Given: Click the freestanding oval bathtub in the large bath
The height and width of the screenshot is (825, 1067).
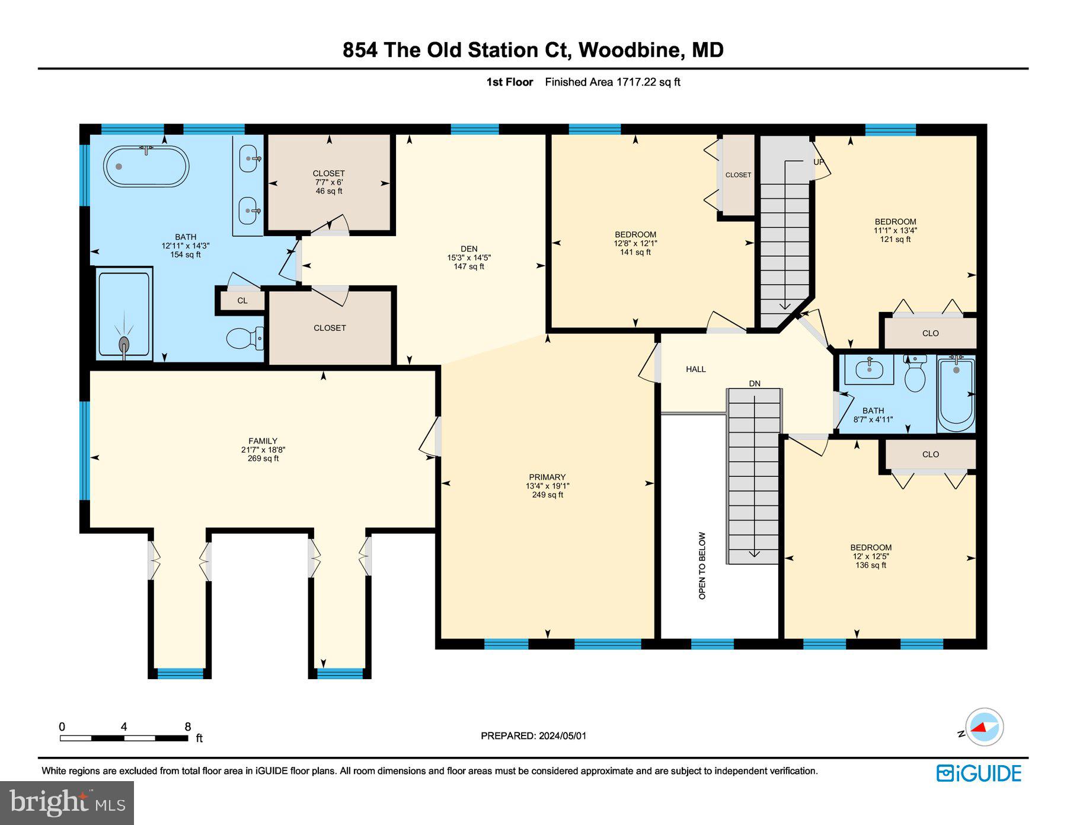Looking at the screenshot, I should click(x=146, y=167).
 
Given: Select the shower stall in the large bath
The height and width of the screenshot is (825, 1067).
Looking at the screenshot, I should click(x=124, y=314).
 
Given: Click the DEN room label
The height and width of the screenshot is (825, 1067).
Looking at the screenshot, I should click(x=469, y=249).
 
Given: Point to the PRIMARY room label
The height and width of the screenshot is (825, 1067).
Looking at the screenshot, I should click(x=547, y=477).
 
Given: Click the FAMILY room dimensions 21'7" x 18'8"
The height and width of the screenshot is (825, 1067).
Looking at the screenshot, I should click(x=263, y=450).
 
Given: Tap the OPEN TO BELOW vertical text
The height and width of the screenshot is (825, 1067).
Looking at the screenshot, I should click(x=702, y=565).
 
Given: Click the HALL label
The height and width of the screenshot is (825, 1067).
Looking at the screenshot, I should click(x=696, y=369).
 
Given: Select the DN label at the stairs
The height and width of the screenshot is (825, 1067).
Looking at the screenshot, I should click(x=755, y=384).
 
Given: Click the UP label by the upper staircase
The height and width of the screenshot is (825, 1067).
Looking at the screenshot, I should click(x=819, y=162).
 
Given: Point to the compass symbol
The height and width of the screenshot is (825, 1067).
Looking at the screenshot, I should click(x=984, y=727).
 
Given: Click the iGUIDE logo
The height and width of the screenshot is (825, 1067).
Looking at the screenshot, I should click(x=979, y=773).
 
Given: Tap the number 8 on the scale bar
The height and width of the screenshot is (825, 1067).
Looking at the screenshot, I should click(x=188, y=727).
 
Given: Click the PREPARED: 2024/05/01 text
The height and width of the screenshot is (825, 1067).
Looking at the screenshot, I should click(x=533, y=736).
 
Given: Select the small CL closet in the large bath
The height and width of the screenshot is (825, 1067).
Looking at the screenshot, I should click(x=242, y=301).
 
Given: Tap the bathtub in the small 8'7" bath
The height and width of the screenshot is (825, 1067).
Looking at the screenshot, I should click(x=956, y=394).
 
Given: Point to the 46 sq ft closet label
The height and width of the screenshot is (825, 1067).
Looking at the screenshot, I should click(x=328, y=191).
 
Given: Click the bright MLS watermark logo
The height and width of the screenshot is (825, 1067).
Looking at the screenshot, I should click(x=67, y=803).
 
